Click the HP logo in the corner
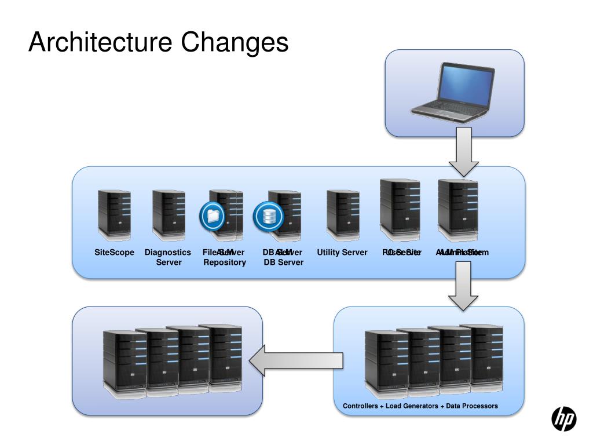[563, 419]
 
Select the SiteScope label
[114, 253]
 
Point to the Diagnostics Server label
[168, 257]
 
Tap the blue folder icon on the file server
[212, 216]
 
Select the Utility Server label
[342, 253]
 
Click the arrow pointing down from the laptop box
[465, 152]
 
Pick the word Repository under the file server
[225, 262]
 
